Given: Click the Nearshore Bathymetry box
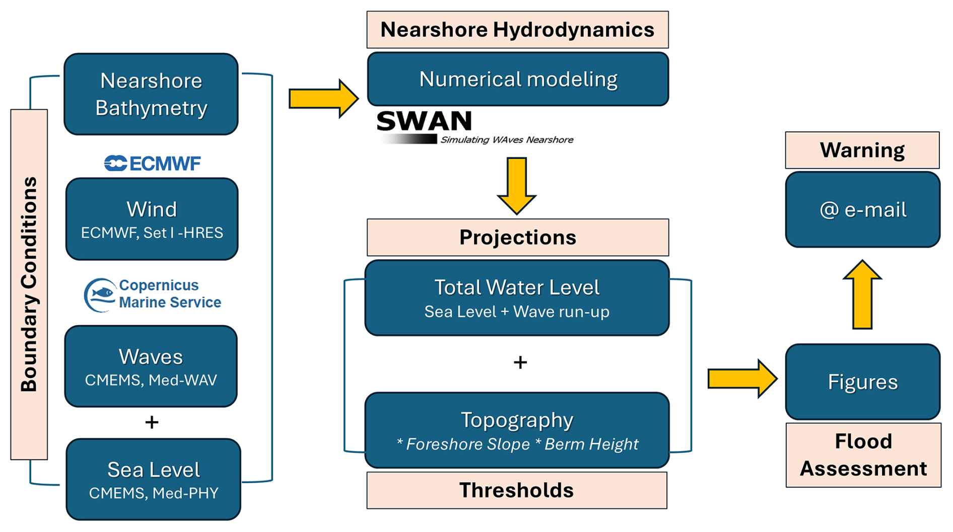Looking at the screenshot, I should click(151, 94).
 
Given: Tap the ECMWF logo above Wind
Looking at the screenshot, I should click(152, 163).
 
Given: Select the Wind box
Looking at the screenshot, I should click(152, 219).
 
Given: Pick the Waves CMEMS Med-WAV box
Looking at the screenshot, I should click(151, 366).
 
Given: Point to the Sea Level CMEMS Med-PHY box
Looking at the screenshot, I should click(153, 479).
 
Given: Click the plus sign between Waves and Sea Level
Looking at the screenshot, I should click(152, 422).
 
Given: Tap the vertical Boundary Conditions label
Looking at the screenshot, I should click(29, 284).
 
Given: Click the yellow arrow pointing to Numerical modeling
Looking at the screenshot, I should click(323, 99).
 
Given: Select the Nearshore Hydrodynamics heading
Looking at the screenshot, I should click(517, 30).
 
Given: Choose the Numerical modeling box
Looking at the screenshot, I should click(518, 79).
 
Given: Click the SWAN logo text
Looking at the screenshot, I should click(424, 122).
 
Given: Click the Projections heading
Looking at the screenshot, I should click(517, 238).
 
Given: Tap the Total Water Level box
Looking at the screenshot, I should click(517, 298).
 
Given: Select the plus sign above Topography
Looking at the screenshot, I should click(520, 362).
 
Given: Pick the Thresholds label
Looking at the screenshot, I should click(517, 490).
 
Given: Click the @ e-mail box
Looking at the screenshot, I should click(862, 209).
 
